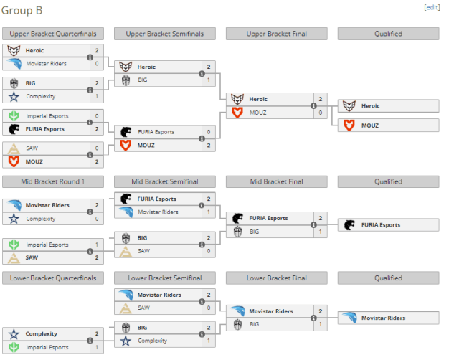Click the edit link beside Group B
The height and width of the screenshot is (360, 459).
pos(432,8)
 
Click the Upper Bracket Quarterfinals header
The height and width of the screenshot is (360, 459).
pos(53,34)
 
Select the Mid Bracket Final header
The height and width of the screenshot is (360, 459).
pos(277,181)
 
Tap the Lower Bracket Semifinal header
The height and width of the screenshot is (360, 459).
pos(165,278)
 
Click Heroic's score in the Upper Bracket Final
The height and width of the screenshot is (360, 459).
pos(321,99)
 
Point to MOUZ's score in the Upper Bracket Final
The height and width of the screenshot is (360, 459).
pos(321,113)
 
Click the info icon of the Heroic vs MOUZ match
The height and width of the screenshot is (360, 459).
pos(313,105)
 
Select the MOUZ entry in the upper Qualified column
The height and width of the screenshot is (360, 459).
pos(389,125)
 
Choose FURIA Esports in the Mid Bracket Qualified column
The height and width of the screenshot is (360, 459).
pos(389,224)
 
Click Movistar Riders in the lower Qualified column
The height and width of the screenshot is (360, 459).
pos(389,318)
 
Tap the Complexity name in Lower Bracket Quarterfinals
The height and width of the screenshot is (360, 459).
pos(42,334)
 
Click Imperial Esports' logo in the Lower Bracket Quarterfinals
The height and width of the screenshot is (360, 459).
pos(14,347)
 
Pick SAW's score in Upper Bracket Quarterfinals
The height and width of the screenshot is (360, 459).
pos(97,148)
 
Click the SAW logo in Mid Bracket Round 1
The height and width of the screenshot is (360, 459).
pos(14,257)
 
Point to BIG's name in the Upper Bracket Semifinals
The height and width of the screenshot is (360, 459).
pos(143,80)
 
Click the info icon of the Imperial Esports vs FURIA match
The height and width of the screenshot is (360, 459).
pos(90,123)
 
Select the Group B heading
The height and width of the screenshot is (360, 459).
pos(22,11)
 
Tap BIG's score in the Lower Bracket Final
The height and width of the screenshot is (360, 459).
pos(321,324)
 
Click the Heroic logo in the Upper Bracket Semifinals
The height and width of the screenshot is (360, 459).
pos(126,67)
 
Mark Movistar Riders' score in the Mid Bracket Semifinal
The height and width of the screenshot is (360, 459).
pos(209,212)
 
